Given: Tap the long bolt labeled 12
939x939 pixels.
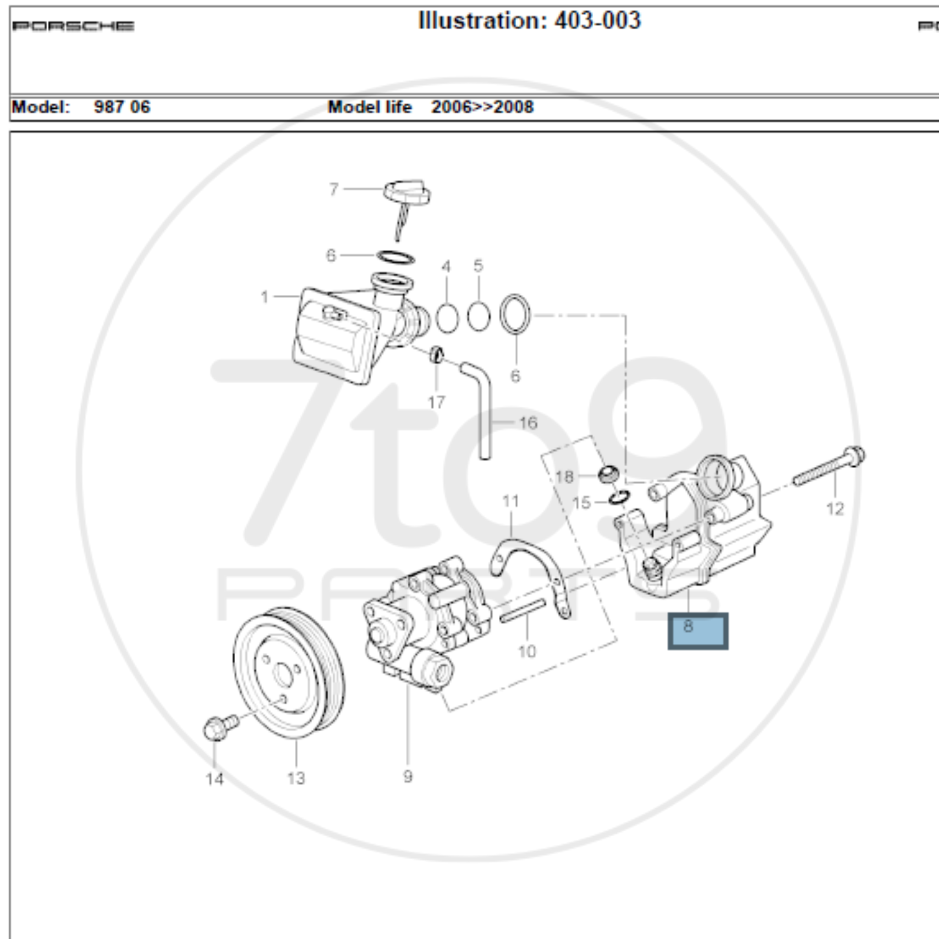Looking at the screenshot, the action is click(829, 466).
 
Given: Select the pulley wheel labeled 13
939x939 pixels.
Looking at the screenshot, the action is click(289, 673).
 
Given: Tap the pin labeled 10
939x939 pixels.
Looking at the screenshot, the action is click(523, 610).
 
